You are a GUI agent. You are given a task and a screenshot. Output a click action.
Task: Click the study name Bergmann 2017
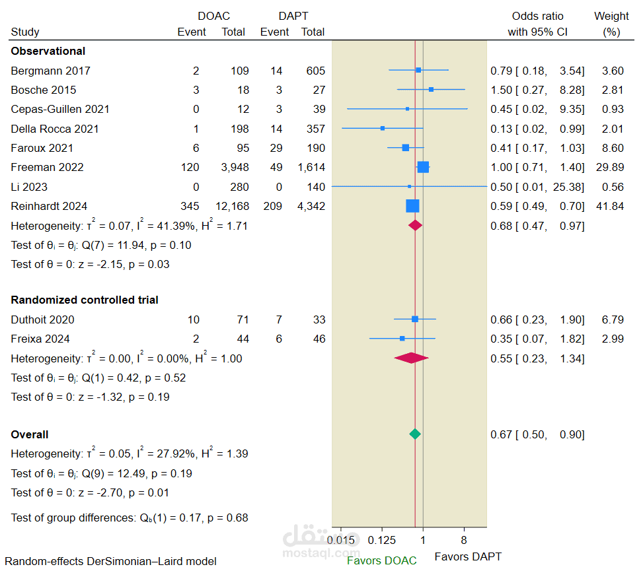click(x=51, y=71)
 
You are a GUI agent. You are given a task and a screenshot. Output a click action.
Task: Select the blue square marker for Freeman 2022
click(x=423, y=167)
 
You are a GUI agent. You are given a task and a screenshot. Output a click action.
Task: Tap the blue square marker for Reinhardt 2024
click(x=412, y=206)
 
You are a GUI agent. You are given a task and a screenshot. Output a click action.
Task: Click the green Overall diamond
click(x=414, y=434)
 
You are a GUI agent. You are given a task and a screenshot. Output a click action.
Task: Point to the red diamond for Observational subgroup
click(x=415, y=226)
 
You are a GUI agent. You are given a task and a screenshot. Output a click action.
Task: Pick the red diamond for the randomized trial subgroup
click(x=411, y=358)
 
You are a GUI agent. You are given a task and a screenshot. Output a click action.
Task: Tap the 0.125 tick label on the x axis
click(x=382, y=540)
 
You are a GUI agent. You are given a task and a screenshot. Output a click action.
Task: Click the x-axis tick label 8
click(x=463, y=540)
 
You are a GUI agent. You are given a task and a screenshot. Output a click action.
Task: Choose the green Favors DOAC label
click(x=382, y=560)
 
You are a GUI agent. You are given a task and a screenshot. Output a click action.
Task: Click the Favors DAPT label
click(x=468, y=556)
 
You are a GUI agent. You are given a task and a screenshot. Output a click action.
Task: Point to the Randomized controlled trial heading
click(x=85, y=300)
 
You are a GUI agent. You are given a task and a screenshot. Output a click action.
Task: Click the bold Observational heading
click(x=48, y=51)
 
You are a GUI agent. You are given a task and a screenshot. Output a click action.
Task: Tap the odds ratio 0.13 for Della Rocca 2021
click(x=500, y=129)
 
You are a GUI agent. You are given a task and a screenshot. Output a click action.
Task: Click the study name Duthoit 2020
click(x=43, y=319)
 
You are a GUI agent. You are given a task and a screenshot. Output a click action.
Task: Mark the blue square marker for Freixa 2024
click(x=402, y=339)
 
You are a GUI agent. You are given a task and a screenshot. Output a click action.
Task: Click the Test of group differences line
click(x=130, y=518)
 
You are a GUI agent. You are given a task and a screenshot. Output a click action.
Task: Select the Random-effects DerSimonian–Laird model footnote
click(x=110, y=561)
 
